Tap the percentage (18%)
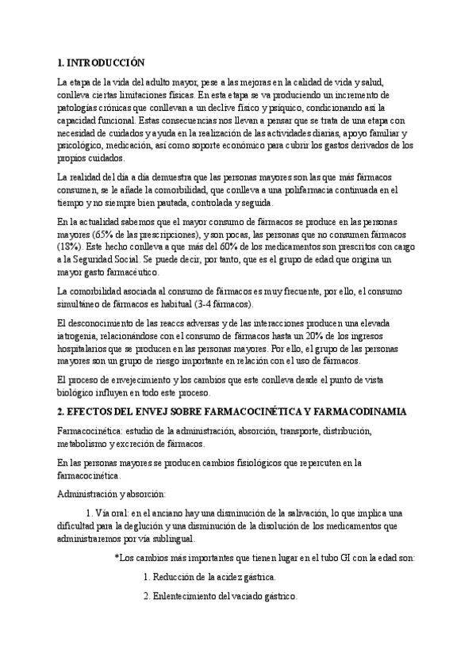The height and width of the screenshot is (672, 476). [71, 246]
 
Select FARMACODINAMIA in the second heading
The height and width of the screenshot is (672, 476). [366, 413]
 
